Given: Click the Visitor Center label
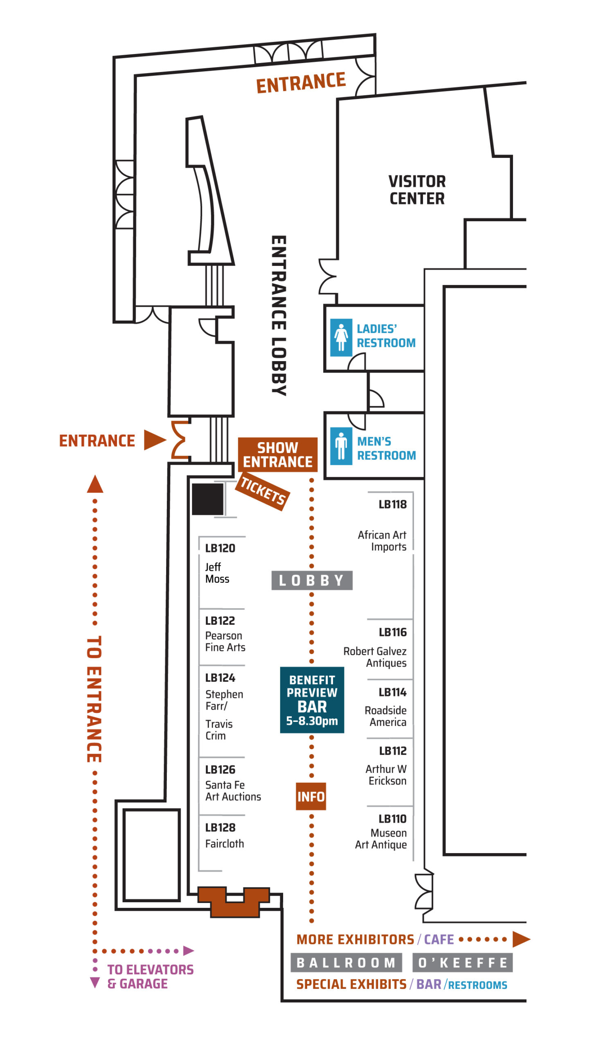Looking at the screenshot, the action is coord(417,190).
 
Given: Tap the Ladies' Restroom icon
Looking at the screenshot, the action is coord(341,337).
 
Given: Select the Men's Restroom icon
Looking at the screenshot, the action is coord(341,446).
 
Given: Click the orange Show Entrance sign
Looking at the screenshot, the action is coord(278,454).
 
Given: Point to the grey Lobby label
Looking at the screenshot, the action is coord(312,580).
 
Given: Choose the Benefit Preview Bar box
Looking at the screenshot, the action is coord(312,700).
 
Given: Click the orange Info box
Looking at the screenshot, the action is coord(311,796).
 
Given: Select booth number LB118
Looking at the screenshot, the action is coord(393,504).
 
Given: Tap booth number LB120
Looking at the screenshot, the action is coord(220,548).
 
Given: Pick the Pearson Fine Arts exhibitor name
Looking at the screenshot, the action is coord(225,641).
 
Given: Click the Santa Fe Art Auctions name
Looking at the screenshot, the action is coord(233,791).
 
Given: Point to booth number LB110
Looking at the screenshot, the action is coord(392,819).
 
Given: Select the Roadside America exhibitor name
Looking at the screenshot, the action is coord(385,716).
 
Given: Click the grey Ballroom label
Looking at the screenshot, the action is coord(346,962).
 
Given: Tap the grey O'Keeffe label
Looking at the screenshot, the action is coord(462,962).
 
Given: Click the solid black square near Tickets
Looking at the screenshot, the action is coord(208,499).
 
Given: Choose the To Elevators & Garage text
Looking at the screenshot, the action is coord(150,976).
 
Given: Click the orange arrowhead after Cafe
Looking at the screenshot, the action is coord(521,939).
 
